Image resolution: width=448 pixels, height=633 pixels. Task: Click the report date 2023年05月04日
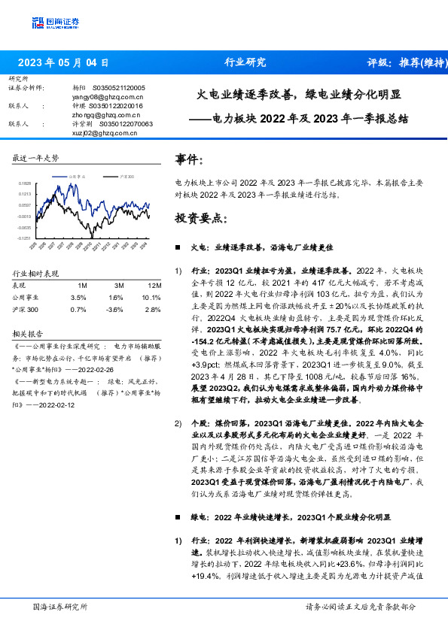click(x=63, y=63)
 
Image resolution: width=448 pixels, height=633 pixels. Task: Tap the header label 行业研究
click(x=245, y=63)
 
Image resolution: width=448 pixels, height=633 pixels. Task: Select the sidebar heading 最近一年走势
click(x=35, y=159)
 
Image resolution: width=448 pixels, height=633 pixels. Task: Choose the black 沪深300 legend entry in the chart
click(x=125, y=175)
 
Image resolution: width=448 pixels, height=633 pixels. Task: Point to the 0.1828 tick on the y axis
click(x=26, y=183)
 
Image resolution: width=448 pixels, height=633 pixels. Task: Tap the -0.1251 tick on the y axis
click(x=25, y=238)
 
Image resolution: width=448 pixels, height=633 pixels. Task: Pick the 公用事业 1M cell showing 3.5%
click(x=78, y=297)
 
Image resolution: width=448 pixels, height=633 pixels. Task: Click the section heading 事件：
click(x=189, y=159)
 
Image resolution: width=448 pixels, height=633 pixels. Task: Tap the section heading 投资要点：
click(x=201, y=218)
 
